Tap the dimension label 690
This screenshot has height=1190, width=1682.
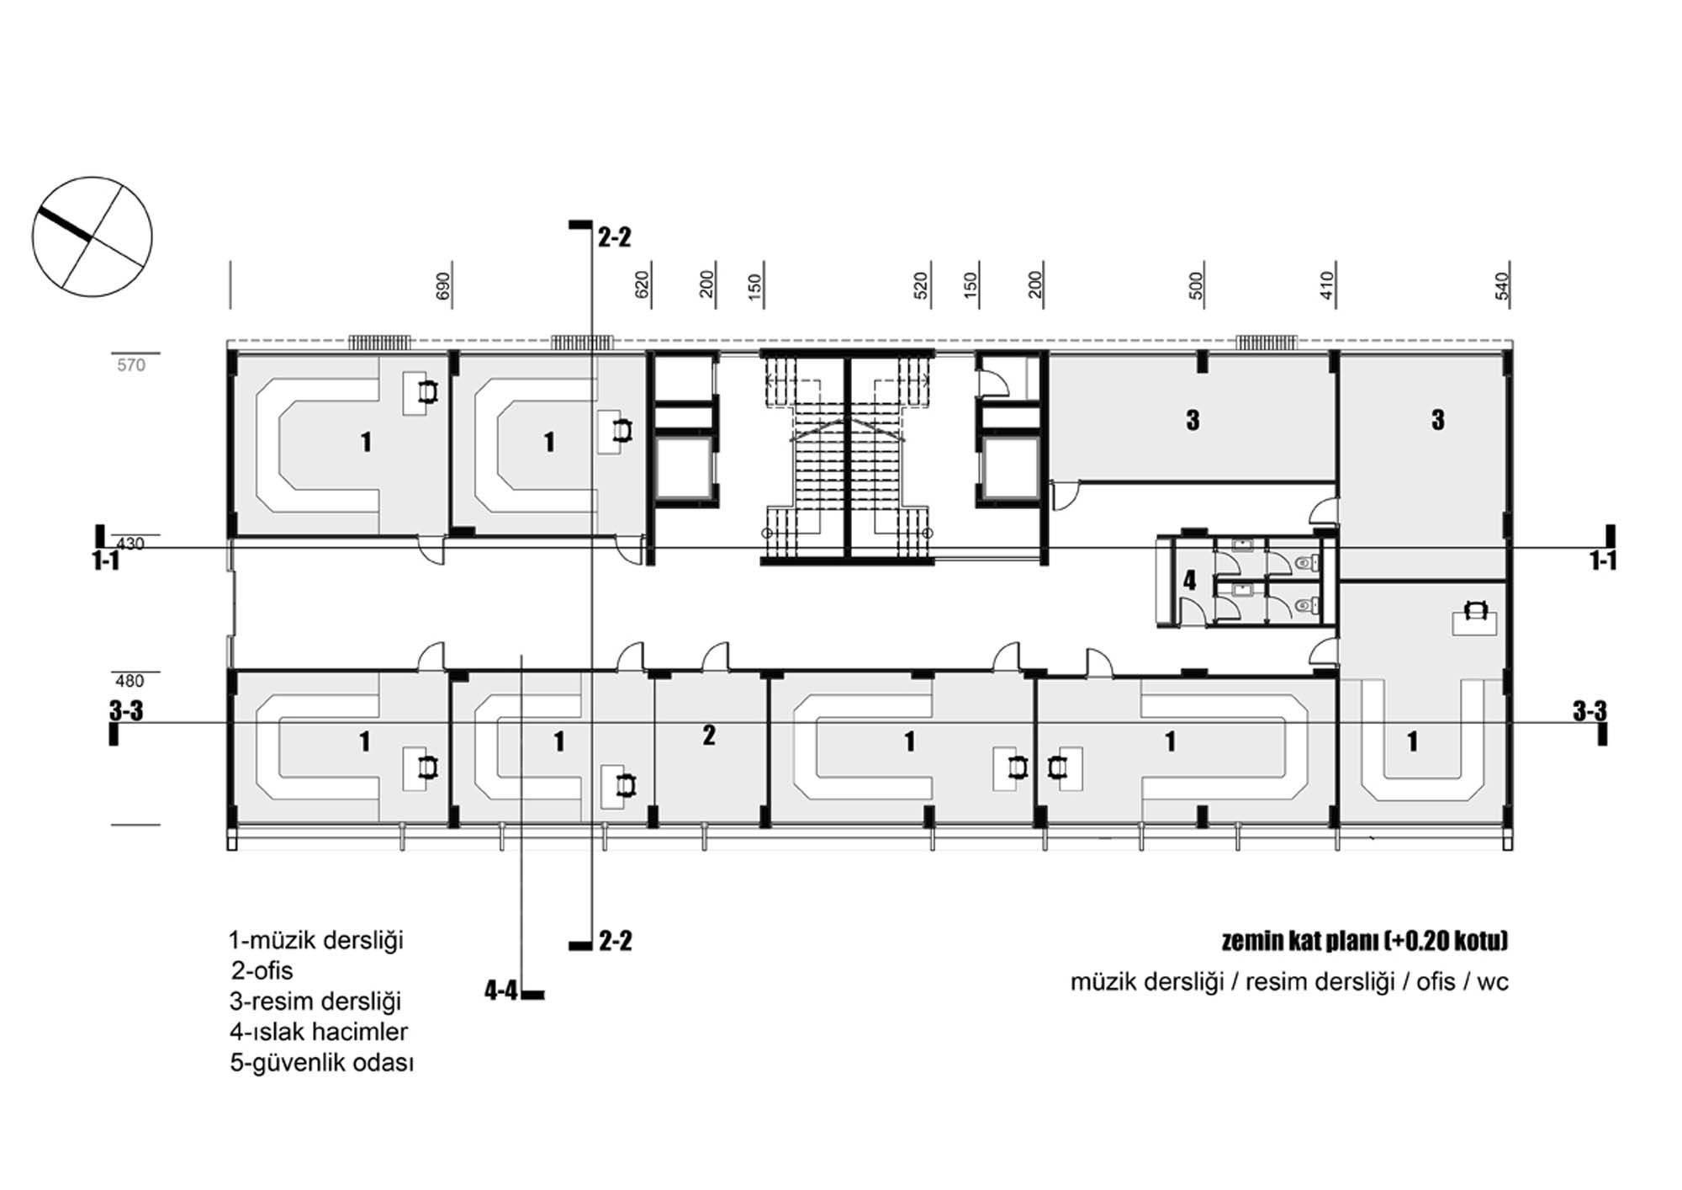click(443, 286)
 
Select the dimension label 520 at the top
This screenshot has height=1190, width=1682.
click(921, 285)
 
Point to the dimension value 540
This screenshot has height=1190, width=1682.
click(1502, 286)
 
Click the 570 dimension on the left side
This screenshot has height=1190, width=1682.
click(131, 365)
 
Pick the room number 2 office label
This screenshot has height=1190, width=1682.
click(709, 736)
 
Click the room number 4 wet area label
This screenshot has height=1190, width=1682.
click(1189, 580)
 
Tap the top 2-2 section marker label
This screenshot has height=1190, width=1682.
click(615, 238)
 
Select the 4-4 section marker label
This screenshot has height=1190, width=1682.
click(501, 991)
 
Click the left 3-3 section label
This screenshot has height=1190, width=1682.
click(126, 711)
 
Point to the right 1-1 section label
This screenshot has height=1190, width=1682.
click(1603, 560)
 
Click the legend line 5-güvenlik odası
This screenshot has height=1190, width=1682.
click(322, 1063)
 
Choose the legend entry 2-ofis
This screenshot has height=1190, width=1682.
click(262, 970)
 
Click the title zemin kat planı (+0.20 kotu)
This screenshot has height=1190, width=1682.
click(1364, 940)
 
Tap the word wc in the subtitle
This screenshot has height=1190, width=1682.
click(1492, 982)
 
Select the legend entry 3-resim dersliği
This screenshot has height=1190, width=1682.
click(315, 1001)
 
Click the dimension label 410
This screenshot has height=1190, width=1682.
click(1326, 285)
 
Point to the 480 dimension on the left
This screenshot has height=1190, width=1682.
click(130, 681)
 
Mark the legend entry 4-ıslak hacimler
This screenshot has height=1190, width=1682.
click(319, 1032)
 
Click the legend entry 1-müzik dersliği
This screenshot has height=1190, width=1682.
click(316, 940)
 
